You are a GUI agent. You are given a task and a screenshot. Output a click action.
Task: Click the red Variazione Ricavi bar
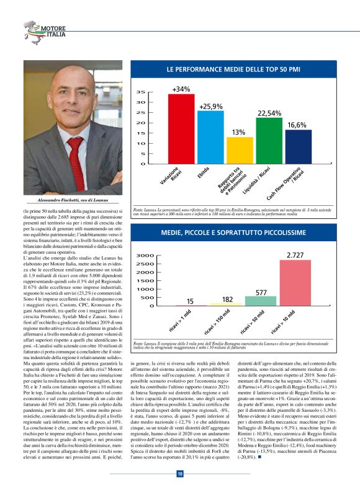(x=181, y=129)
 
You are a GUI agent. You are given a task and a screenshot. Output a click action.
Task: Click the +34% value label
(x=181, y=89)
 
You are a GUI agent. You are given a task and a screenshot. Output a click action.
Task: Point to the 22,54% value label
(x=269, y=113)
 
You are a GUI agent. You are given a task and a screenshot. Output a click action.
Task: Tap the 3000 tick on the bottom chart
(x=145, y=256)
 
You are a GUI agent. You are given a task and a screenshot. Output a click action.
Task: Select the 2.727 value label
(x=295, y=255)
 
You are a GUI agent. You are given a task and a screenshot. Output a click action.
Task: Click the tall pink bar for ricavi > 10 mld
(x=295, y=283)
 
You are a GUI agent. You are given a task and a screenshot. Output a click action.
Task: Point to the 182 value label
(x=227, y=299)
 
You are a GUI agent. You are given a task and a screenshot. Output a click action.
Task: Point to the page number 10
(x=179, y=474)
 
